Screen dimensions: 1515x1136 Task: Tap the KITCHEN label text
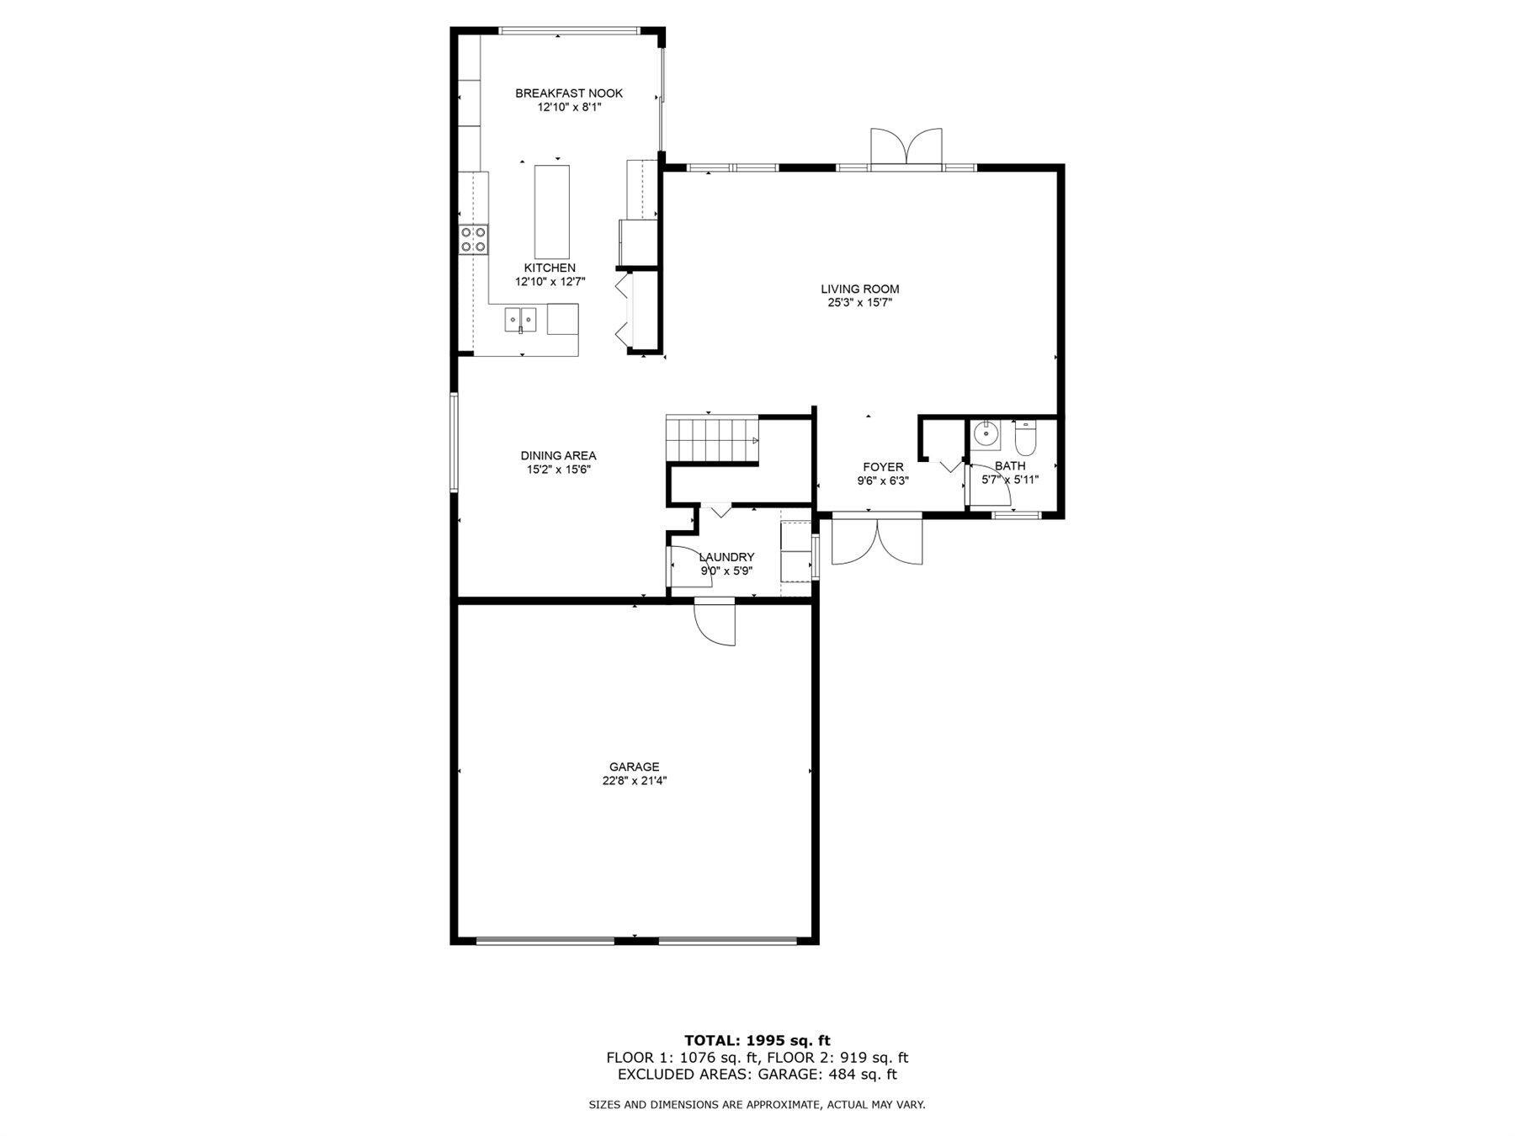pos(550,268)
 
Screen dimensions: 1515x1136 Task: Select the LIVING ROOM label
pos(859,289)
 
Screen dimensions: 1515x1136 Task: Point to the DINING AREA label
pos(558,456)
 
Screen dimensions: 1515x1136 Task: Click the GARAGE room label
pos(635,767)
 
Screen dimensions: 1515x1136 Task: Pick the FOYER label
pos(883,467)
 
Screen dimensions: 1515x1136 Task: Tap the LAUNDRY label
pos(726,557)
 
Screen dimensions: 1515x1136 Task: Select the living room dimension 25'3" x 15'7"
pos(859,303)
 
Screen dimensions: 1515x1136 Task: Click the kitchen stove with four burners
pos(473,240)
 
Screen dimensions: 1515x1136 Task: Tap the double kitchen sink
pos(521,320)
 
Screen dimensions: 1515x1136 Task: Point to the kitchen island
pos(552,212)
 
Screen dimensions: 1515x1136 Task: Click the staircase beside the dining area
pos(712,438)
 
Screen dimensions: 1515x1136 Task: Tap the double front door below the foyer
pos(877,542)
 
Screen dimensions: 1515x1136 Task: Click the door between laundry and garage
pos(715,622)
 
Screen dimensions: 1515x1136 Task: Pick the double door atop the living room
pos(906,146)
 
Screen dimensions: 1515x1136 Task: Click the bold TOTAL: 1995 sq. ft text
pos(757,1041)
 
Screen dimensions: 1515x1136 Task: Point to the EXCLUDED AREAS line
pos(757,1075)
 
